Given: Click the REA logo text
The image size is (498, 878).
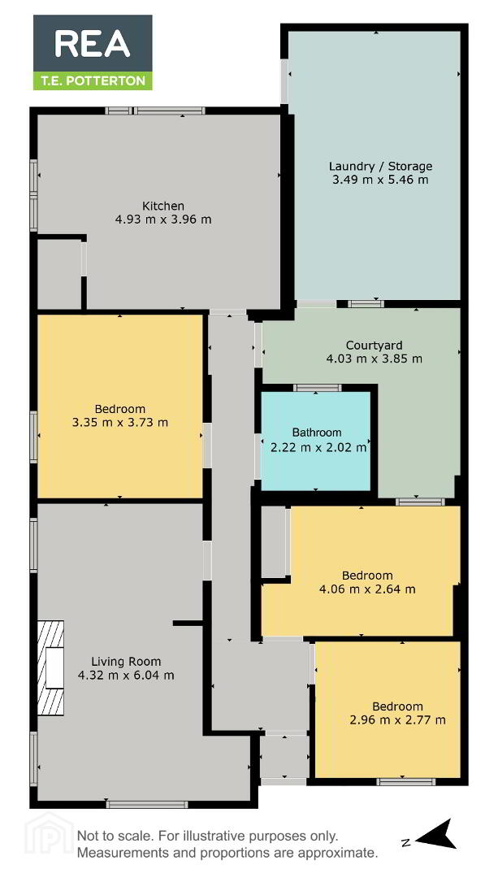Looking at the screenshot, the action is [x=93, y=44].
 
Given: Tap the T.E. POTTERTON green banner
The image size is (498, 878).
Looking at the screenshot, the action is [x=93, y=80].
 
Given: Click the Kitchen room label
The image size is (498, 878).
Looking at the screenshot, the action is [x=162, y=206].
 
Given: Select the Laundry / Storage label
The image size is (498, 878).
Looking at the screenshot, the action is [x=380, y=167].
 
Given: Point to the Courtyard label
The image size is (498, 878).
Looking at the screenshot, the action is [x=374, y=345].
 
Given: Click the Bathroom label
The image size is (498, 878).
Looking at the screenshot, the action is [x=317, y=432].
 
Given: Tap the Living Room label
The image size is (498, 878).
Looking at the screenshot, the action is [x=126, y=661].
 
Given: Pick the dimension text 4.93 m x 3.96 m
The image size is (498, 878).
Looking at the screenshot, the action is [x=162, y=219].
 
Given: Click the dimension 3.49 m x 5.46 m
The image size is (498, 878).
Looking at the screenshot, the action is [x=380, y=180].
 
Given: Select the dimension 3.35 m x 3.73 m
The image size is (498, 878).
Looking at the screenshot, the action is [x=119, y=422].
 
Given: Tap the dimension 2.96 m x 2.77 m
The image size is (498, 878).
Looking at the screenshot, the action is [x=397, y=719].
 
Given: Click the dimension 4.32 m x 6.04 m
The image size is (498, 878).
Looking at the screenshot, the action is [x=126, y=676].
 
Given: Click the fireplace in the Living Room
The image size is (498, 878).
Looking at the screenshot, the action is [x=50, y=667].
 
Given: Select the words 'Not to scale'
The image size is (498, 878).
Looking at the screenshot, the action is [x=114, y=837].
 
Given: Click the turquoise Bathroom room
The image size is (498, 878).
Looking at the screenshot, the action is [x=315, y=440].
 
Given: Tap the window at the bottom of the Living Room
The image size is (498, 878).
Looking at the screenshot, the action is [x=147, y=805].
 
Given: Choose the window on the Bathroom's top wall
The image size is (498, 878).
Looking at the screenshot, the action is [x=318, y=388].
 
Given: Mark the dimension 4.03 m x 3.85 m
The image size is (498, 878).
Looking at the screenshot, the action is [x=374, y=359].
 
